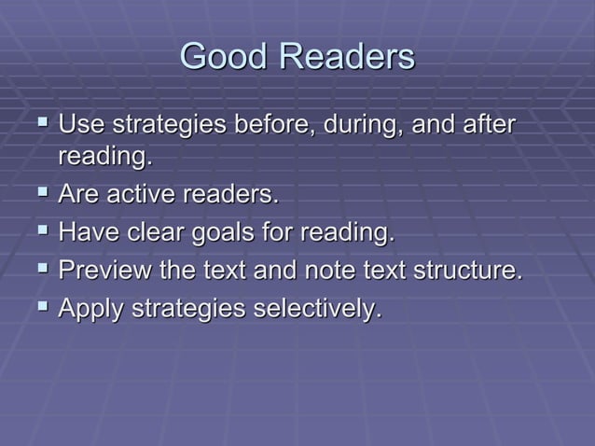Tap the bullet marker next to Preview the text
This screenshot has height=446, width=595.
tap(40, 271)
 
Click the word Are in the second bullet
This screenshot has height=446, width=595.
tap(78, 197)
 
